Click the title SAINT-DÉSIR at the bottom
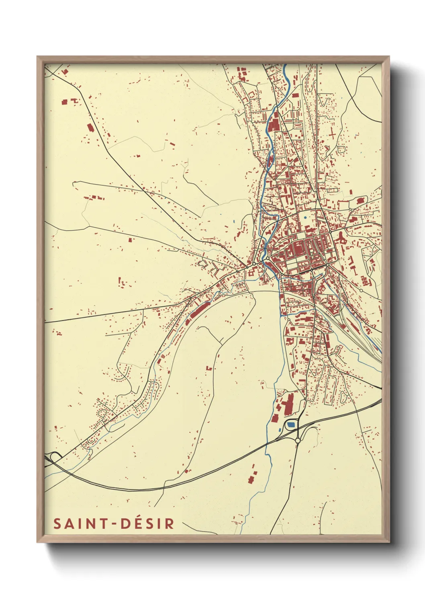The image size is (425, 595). [114, 523]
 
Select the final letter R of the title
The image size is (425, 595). [170, 523]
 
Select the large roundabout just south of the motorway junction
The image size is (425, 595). [297, 441]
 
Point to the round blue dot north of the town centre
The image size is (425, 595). [305, 217]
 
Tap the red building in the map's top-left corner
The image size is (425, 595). [65, 72]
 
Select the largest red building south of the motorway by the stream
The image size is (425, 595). [252, 478]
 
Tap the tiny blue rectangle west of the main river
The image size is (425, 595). [234, 221]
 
